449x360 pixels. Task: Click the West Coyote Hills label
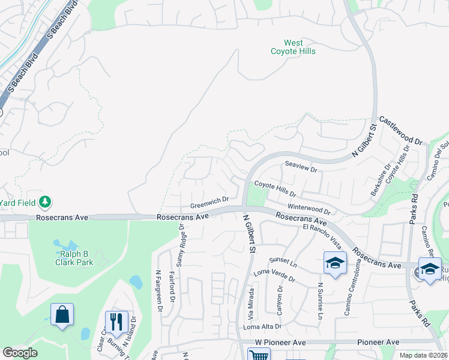click(x=294, y=47)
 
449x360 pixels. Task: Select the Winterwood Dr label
click(x=309, y=208)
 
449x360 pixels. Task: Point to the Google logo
click(x=20, y=353)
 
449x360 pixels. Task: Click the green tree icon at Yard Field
click(x=46, y=202)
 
